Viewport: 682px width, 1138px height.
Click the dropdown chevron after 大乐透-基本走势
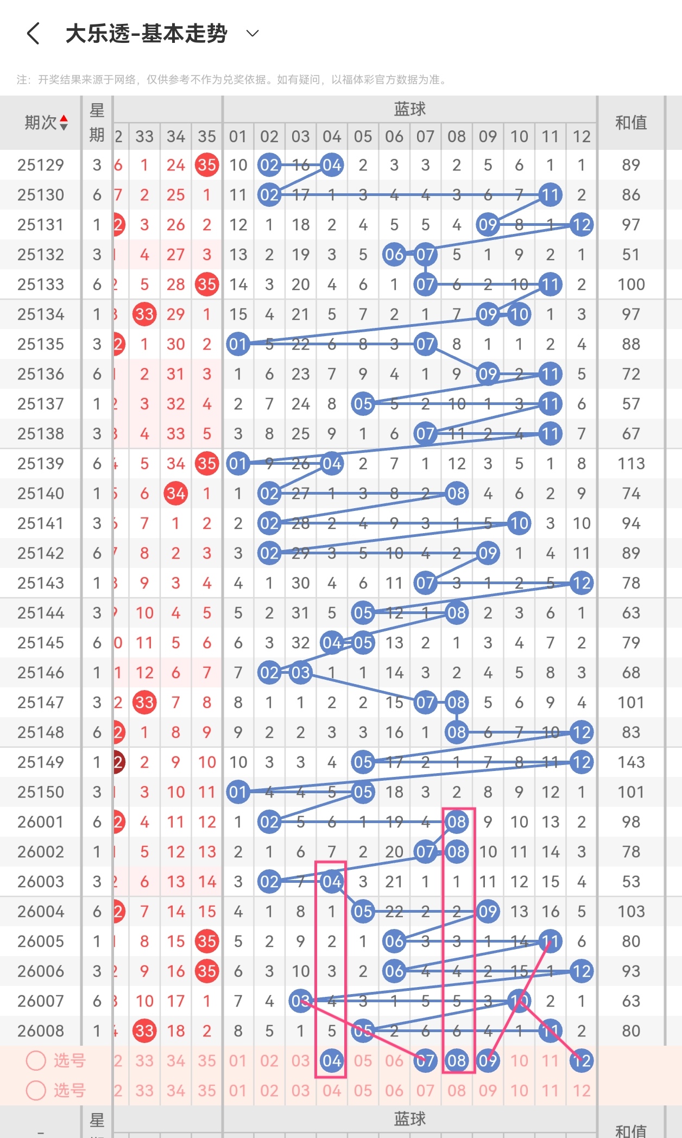[x=252, y=34]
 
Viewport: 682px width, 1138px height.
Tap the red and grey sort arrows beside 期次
[x=64, y=123]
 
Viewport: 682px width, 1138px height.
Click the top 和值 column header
[x=631, y=123]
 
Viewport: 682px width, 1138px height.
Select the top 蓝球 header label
[x=409, y=109]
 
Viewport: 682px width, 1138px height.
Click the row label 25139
[x=41, y=464]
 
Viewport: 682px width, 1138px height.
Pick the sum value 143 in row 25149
[x=631, y=762]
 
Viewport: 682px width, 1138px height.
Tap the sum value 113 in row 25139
[x=631, y=464]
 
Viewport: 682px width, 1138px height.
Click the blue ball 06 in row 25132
[x=394, y=255]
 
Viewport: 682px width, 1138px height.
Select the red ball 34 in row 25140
[x=176, y=494]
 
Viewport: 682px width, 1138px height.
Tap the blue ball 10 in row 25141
[x=519, y=523]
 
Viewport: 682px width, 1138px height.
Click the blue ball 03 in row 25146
[x=300, y=673]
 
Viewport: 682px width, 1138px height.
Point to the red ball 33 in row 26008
[x=144, y=1031]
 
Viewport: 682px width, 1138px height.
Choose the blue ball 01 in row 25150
[x=238, y=792]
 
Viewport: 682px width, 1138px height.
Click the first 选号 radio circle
[x=36, y=1060]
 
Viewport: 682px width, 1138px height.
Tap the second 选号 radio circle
[x=36, y=1090]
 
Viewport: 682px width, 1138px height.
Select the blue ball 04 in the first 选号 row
[x=332, y=1061]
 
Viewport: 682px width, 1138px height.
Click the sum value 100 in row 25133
[x=631, y=284]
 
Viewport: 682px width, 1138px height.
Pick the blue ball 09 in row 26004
[x=488, y=912]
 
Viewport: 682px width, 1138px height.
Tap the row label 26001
[x=41, y=822]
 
